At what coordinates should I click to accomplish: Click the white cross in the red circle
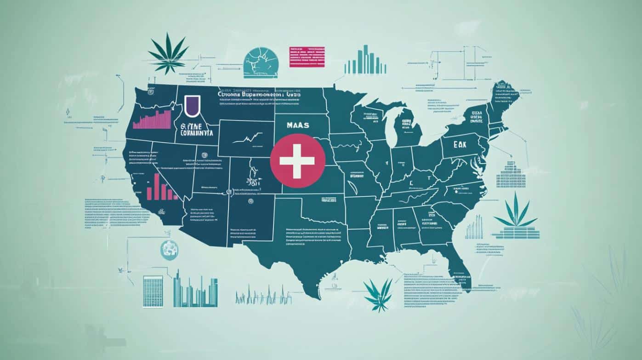(x=297, y=161)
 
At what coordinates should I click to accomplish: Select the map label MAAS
(x=297, y=125)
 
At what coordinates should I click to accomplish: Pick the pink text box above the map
(x=307, y=57)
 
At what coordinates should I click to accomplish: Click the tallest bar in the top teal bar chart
(x=366, y=59)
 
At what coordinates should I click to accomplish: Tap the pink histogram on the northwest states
(x=151, y=120)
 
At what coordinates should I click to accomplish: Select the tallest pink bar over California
(x=156, y=186)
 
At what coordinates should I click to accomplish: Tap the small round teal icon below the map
(x=169, y=249)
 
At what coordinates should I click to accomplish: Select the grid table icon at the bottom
(x=153, y=291)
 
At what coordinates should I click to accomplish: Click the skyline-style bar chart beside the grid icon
(x=195, y=290)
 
